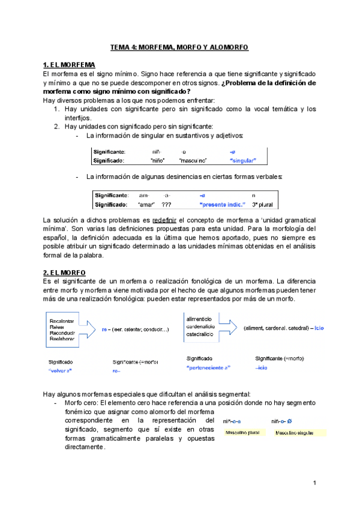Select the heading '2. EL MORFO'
pyautogui.click(x=62, y=272)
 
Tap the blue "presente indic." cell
pyautogui.click(x=222, y=204)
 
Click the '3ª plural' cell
pyautogui.click(x=262, y=204)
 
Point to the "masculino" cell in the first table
pyautogui.click(x=193, y=160)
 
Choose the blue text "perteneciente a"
pyautogui.click(x=208, y=367)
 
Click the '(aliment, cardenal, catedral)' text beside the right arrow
pyautogui.click(x=277, y=328)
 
